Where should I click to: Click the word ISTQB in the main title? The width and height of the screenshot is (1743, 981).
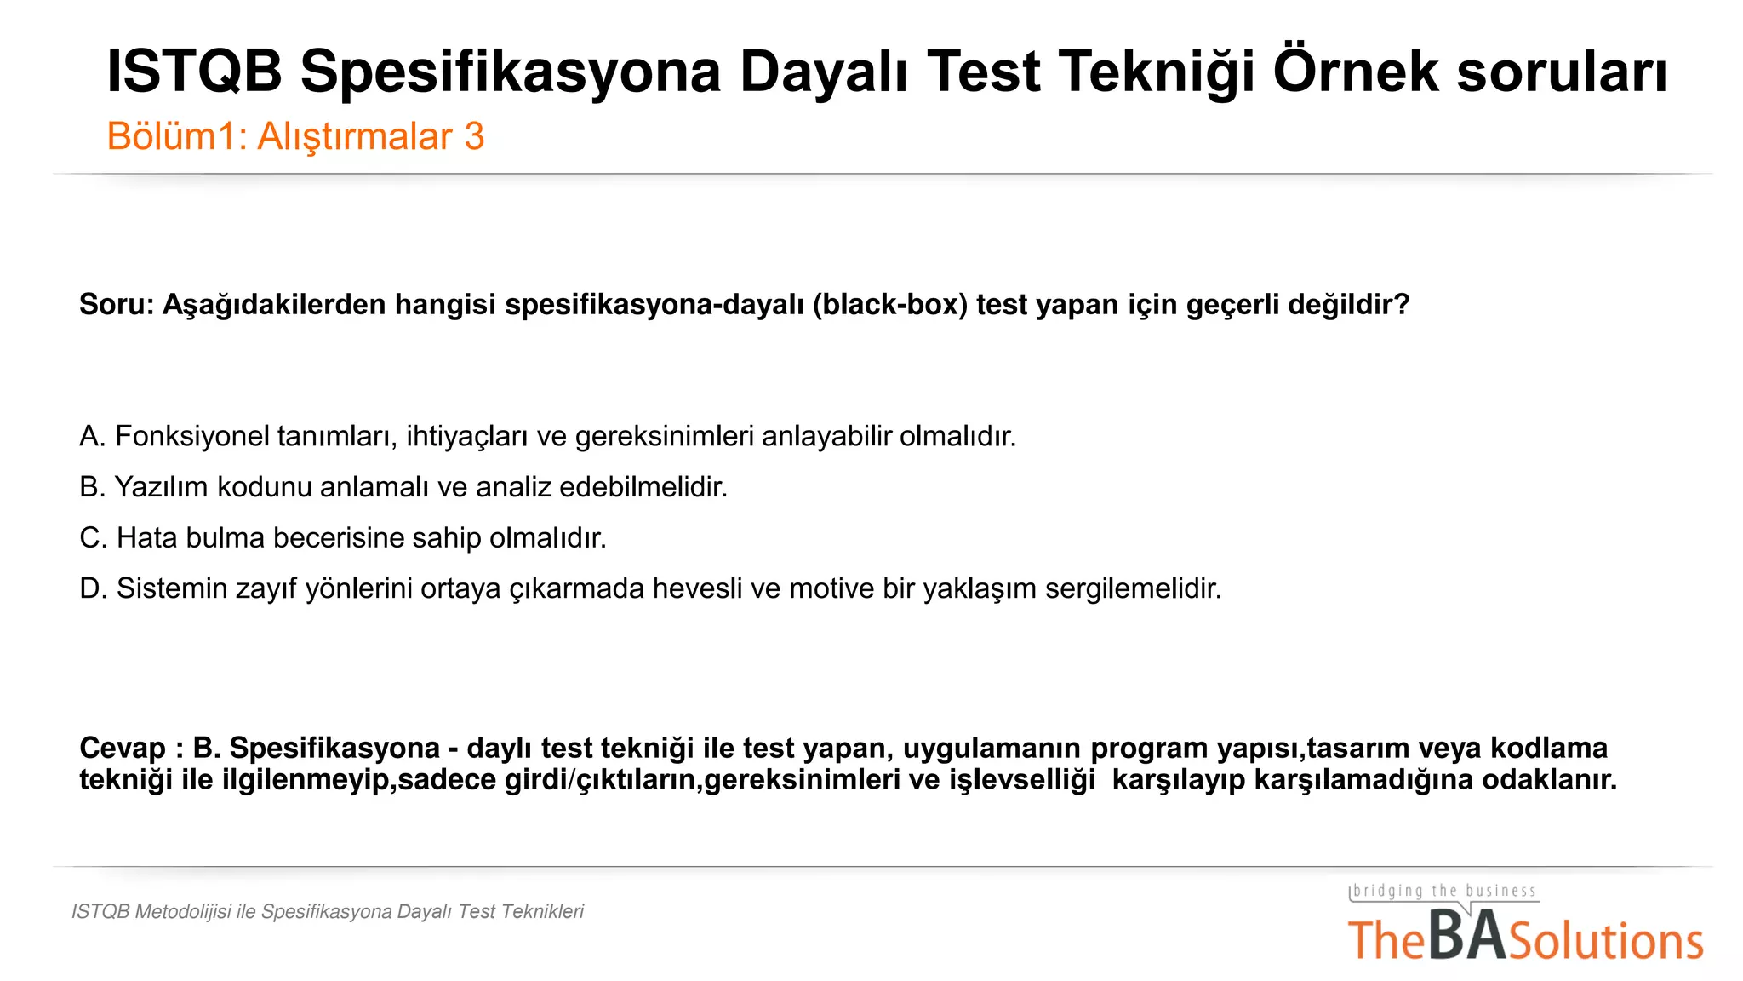(194, 72)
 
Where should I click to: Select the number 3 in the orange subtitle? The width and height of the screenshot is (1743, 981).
(474, 137)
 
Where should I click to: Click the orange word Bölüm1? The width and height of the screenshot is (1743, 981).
(177, 137)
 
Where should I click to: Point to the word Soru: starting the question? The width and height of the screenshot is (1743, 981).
(117, 305)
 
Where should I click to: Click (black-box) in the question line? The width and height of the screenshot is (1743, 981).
(889, 305)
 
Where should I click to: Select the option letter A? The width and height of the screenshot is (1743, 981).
(92, 437)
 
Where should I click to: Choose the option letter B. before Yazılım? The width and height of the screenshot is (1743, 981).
(92, 488)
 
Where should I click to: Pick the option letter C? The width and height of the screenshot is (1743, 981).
(93, 538)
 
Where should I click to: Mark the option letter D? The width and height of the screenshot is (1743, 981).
(93, 589)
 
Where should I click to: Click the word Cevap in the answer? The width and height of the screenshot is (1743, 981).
(123, 749)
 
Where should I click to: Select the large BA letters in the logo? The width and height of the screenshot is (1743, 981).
(1467, 936)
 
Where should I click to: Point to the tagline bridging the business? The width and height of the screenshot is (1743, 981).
(1444, 892)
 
